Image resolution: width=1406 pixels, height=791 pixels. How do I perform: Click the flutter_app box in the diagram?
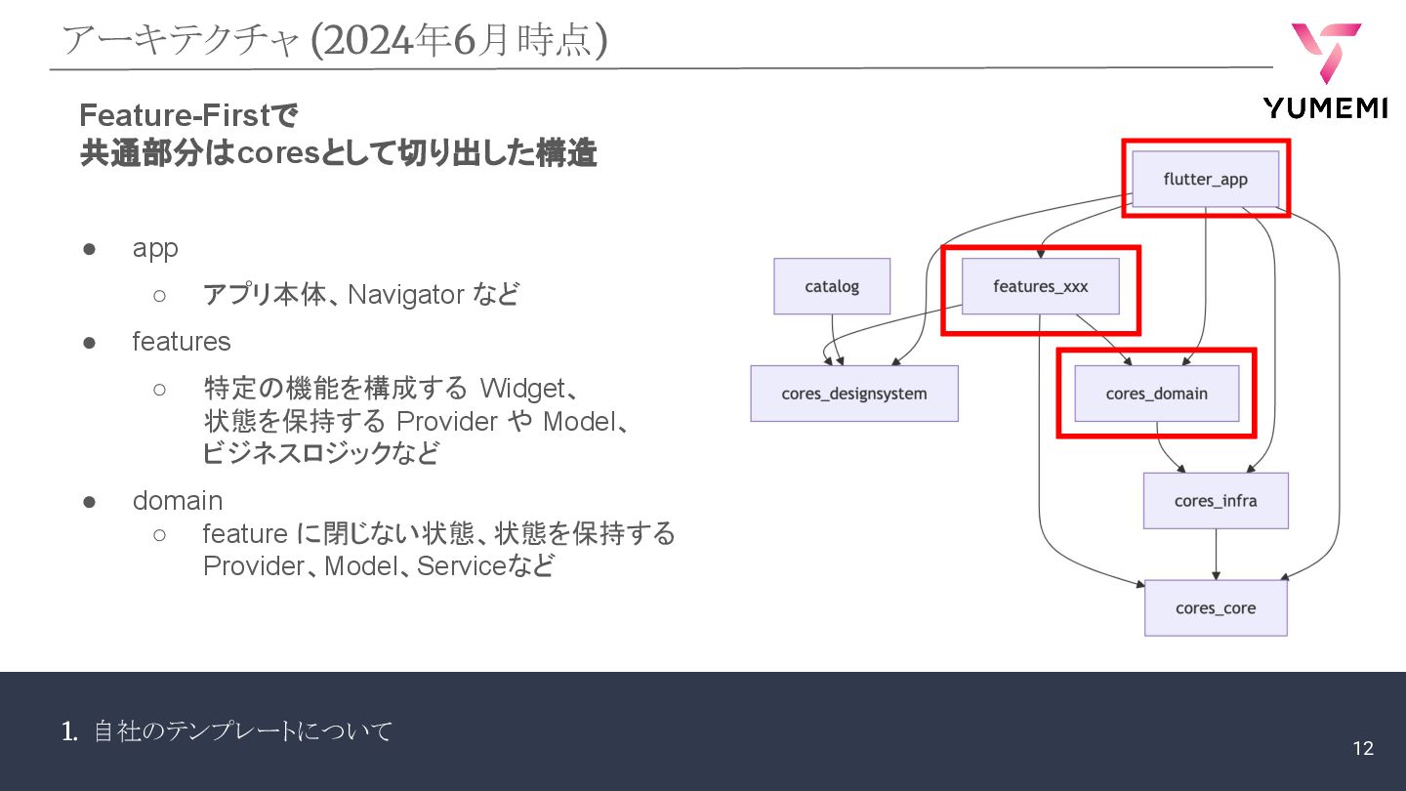[1205, 179]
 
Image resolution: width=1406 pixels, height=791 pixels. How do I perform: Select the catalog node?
[832, 286]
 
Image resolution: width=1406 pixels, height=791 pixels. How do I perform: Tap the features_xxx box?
[1040, 286]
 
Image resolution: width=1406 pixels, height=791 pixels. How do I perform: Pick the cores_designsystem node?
[853, 394]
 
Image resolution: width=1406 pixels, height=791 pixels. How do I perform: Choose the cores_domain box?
[1156, 394]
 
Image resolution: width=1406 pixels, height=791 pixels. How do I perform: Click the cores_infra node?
[1216, 501]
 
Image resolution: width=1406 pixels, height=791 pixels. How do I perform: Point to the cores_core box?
[1216, 607]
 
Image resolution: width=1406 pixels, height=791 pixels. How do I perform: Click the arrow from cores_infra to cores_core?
[1216, 555]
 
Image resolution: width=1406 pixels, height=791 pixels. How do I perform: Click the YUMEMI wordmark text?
[1324, 108]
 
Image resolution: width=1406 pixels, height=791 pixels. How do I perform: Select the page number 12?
[1363, 748]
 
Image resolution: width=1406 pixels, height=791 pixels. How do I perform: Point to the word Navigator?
[405, 294]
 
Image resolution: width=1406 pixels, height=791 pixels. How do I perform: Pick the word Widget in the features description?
[522, 389]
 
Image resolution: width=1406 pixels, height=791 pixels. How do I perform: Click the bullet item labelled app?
[155, 248]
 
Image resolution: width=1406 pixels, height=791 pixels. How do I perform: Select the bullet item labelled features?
[182, 342]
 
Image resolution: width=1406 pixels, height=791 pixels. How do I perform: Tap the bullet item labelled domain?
[178, 501]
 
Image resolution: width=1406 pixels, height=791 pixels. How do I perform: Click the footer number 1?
[68, 730]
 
